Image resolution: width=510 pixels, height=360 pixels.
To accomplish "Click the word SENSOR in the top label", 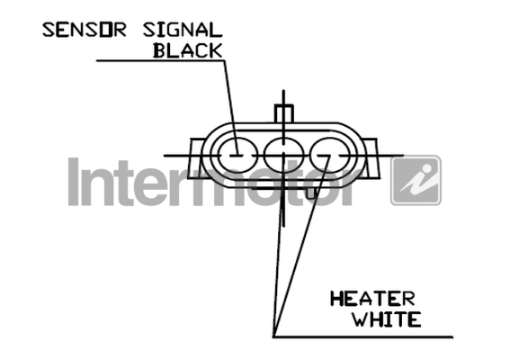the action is coord(85,30).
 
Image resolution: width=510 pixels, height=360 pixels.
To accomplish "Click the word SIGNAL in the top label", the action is coord(183,30).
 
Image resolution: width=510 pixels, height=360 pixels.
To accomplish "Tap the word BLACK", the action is coord(188,50).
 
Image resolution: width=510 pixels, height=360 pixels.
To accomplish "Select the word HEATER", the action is coord(372,299).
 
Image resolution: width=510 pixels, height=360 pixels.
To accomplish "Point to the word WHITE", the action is coord(387,319).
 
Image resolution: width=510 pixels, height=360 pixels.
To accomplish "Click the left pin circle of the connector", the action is coord(237,156).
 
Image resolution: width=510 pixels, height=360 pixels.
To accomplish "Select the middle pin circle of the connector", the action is coord(284,156).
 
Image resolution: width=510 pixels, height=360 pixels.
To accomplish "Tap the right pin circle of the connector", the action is coord(330,156).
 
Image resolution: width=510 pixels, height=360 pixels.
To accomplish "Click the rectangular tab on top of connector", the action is coord(284,113).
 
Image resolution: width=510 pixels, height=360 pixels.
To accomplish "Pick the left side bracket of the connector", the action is coord(195,158).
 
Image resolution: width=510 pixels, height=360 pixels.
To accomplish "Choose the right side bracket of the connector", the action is coord(371,158).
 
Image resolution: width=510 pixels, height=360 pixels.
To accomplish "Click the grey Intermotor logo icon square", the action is coord(416,180).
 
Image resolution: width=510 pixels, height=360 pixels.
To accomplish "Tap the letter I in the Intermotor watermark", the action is coord(74,182).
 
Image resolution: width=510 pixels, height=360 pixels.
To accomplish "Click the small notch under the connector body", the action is coord(311,193).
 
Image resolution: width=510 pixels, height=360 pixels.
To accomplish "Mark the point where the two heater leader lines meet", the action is coord(273,337).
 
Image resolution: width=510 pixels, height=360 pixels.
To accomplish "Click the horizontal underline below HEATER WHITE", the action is coord(363,337).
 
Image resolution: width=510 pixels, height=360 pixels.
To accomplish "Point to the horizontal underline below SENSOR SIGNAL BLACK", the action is coord(160,60).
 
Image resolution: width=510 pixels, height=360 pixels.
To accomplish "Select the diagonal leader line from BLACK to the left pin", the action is coord(231,107).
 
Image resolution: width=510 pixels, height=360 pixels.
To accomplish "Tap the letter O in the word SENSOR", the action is coord(105,30).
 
